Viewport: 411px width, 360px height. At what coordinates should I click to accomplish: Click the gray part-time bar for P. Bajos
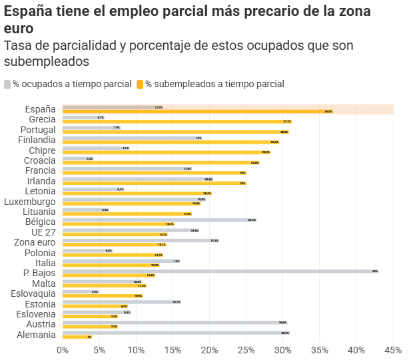point(220,271)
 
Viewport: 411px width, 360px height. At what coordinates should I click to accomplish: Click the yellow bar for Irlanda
point(154,183)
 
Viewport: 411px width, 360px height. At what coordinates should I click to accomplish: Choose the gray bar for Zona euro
point(141,240)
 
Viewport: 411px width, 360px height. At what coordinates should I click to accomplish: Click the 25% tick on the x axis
point(246,350)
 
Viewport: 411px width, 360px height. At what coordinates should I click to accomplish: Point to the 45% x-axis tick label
point(393,350)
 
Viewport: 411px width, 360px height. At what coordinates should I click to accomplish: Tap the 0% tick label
point(63,350)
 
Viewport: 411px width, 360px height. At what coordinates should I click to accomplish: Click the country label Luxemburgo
point(30,202)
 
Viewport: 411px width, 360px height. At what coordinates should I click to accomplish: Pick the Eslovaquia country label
point(33,293)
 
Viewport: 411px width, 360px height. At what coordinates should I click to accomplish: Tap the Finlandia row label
point(37,140)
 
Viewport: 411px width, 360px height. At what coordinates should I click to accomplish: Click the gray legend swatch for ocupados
point(7,85)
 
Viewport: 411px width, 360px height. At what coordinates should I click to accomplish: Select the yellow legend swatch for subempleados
point(140,85)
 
